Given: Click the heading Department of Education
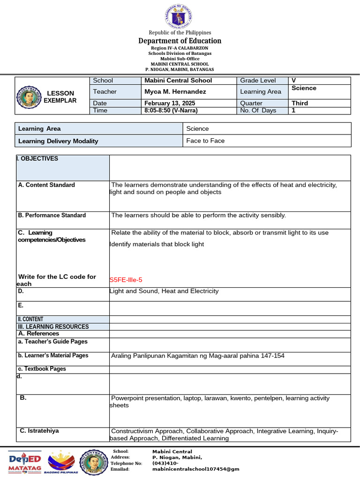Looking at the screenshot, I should pyautogui.click(x=180, y=41).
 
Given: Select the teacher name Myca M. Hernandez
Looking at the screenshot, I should pyautogui.click(x=175, y=92).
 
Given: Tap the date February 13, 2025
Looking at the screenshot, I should pyautogui.click(x=170, y=103).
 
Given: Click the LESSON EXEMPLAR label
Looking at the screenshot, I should pyautogui.click(x=60, y=97).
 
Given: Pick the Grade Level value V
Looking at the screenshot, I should pyautogui.click(x=294, y=81).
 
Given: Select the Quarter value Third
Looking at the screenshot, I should pyautogui.click(x=300, y=103).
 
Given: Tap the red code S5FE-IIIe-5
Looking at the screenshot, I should pyautogui.click(x=126, y=280).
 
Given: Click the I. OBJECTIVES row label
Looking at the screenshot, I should pyautogui.click(x=37, y=159).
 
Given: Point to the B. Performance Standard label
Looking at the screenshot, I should pyautogui.click(x=52, y=216).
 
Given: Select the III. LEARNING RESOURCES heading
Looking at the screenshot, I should pyautogui.click(x=53, y=327).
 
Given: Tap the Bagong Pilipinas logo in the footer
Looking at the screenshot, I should pyautogui.click(x=62, y=463).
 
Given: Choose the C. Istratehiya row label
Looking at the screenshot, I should pyautogui.click(x=39, y=431).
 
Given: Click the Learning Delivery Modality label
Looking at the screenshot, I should pyautogui.click(x=58, y=141).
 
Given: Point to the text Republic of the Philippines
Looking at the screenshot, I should pyautogui.click(x=180, y=32).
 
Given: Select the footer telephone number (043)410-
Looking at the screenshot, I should pyautogui.click(x=165, y=463).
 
